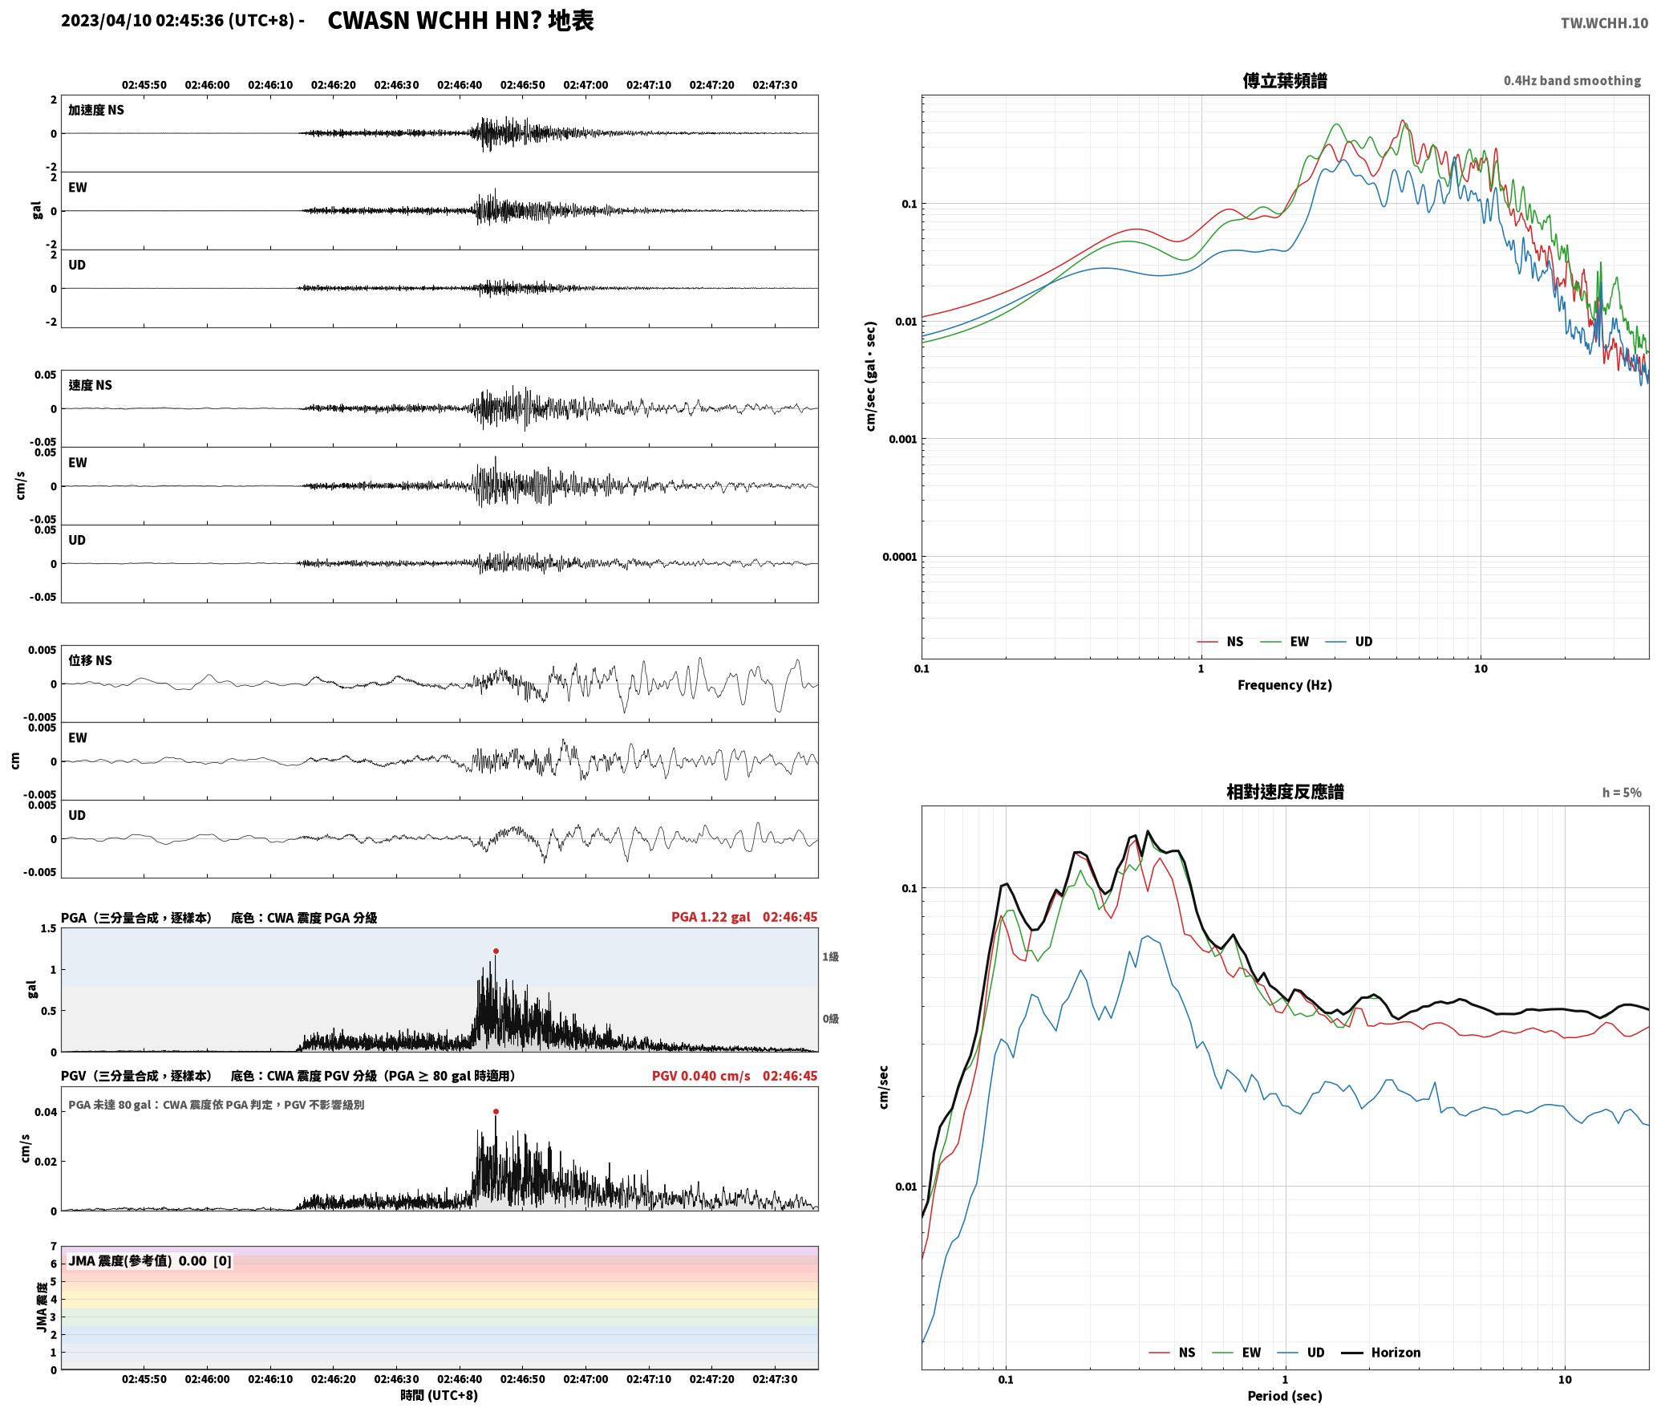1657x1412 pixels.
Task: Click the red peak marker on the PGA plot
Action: (496, 951)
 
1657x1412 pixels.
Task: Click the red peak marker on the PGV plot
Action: (496, 1111)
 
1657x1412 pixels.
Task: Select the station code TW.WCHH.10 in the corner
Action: (1604, 23)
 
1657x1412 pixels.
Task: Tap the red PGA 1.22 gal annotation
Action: (711, 917)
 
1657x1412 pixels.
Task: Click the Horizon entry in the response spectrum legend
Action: (1396, 1352)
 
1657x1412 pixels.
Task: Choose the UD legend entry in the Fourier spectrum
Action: (1363, 641)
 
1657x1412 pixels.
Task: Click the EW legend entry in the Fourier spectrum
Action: (1298, 641)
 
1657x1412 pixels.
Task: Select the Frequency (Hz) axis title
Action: (1284, 684)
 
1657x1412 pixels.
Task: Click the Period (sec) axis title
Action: (1284, 1395)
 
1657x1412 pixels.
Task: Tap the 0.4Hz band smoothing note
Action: (1572, 80)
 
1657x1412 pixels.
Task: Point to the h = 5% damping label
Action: (1622, 792)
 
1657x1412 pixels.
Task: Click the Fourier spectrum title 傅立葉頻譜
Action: (1284, 80)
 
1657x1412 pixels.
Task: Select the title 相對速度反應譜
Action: (1285, 791)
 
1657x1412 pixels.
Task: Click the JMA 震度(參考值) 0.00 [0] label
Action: (150, 1260)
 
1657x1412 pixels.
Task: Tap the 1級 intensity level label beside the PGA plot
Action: (830, 956)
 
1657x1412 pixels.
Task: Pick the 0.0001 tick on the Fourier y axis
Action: (898, 557)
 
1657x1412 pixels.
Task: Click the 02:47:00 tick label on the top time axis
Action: (585, 85)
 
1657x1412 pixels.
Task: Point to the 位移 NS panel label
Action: (90, 660)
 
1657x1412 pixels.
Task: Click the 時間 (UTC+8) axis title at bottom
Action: (439, 1395)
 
